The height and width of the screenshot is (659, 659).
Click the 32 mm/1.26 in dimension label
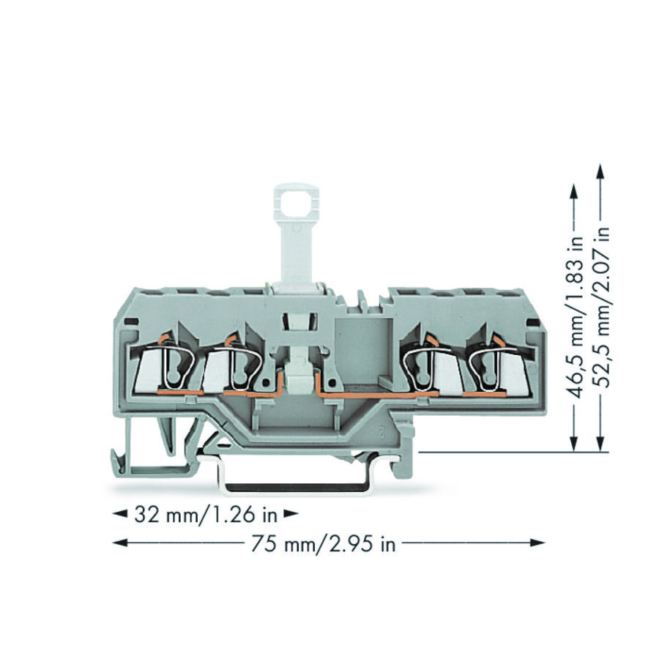tap(206, 515)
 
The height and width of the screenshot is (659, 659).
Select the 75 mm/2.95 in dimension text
tap(324, 544)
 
